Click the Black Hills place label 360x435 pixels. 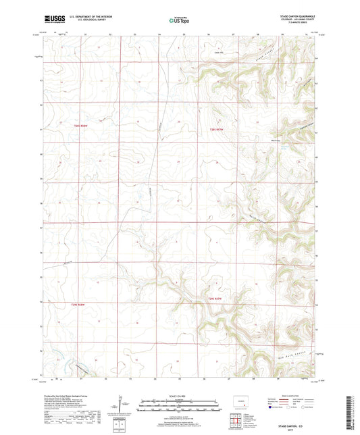pos(277,140)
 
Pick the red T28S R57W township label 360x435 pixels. pos(215,130)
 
